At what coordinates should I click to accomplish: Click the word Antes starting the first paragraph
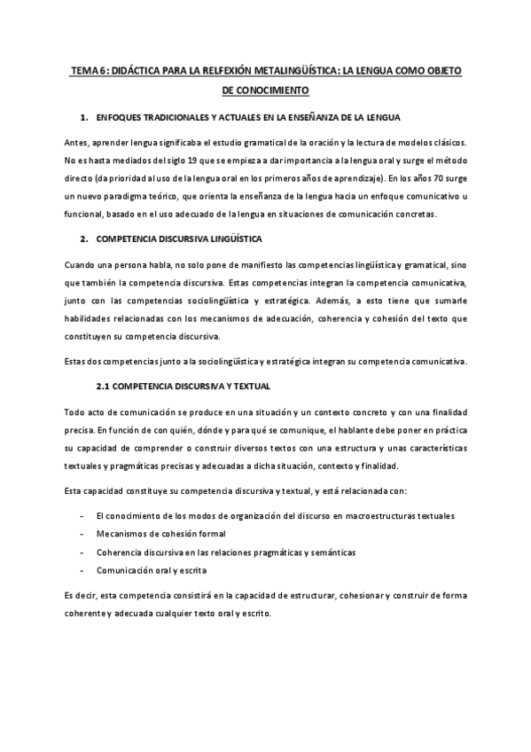pyautogui.click(x=77, y=144)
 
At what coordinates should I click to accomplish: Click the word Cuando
pyautogui.click(x=82, y=266)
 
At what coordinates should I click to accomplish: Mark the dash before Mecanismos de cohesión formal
pyautogui.click(x=82, y=534)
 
